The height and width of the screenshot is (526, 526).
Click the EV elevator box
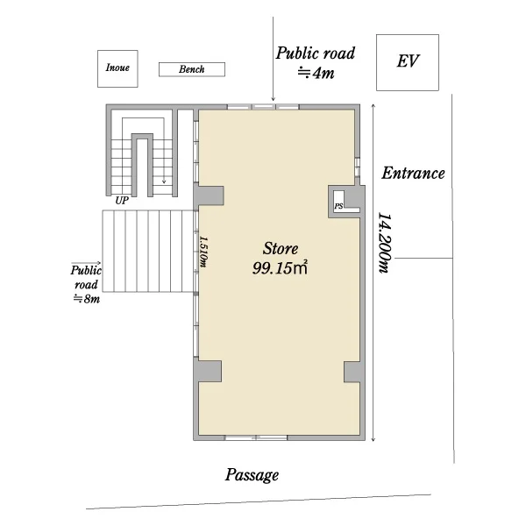coord(408,62)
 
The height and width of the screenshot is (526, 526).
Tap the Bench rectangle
coord(191,69)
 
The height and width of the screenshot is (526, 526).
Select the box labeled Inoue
coord(117,68)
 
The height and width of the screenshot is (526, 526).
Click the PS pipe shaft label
coord(338,206)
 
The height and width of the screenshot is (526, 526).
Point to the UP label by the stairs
coord(122,201)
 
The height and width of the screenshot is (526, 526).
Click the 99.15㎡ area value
coord(280,268)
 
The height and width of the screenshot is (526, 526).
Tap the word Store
coord(281,249)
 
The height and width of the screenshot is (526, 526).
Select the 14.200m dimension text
coord(385,243)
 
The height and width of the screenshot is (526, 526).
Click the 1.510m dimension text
coord(203,252)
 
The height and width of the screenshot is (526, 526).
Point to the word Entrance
coord(413,174)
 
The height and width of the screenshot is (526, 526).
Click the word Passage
coord(252,475)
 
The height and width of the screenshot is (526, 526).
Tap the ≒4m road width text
coord(316,73)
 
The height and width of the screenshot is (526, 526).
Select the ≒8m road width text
coord(87,299)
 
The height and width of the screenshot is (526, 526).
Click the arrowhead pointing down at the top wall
coord(273,98)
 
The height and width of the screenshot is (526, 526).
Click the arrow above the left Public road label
coord(86,263)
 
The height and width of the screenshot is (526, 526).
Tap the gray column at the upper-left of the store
coord(209,195)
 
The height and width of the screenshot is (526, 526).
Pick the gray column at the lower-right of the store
coord(354,372)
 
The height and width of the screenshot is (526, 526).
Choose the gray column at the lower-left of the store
coord(208,372)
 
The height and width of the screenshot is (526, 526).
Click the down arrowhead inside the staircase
coord(164,181)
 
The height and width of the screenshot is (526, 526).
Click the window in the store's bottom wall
coord(256,437)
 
